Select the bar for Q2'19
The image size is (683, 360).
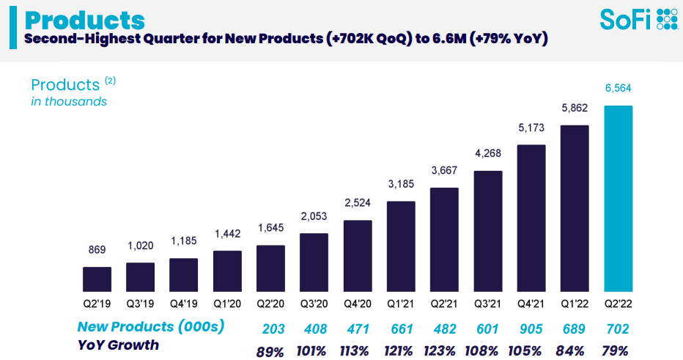97,279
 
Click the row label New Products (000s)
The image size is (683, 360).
150,327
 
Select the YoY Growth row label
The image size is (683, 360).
118,344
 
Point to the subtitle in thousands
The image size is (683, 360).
69,102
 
